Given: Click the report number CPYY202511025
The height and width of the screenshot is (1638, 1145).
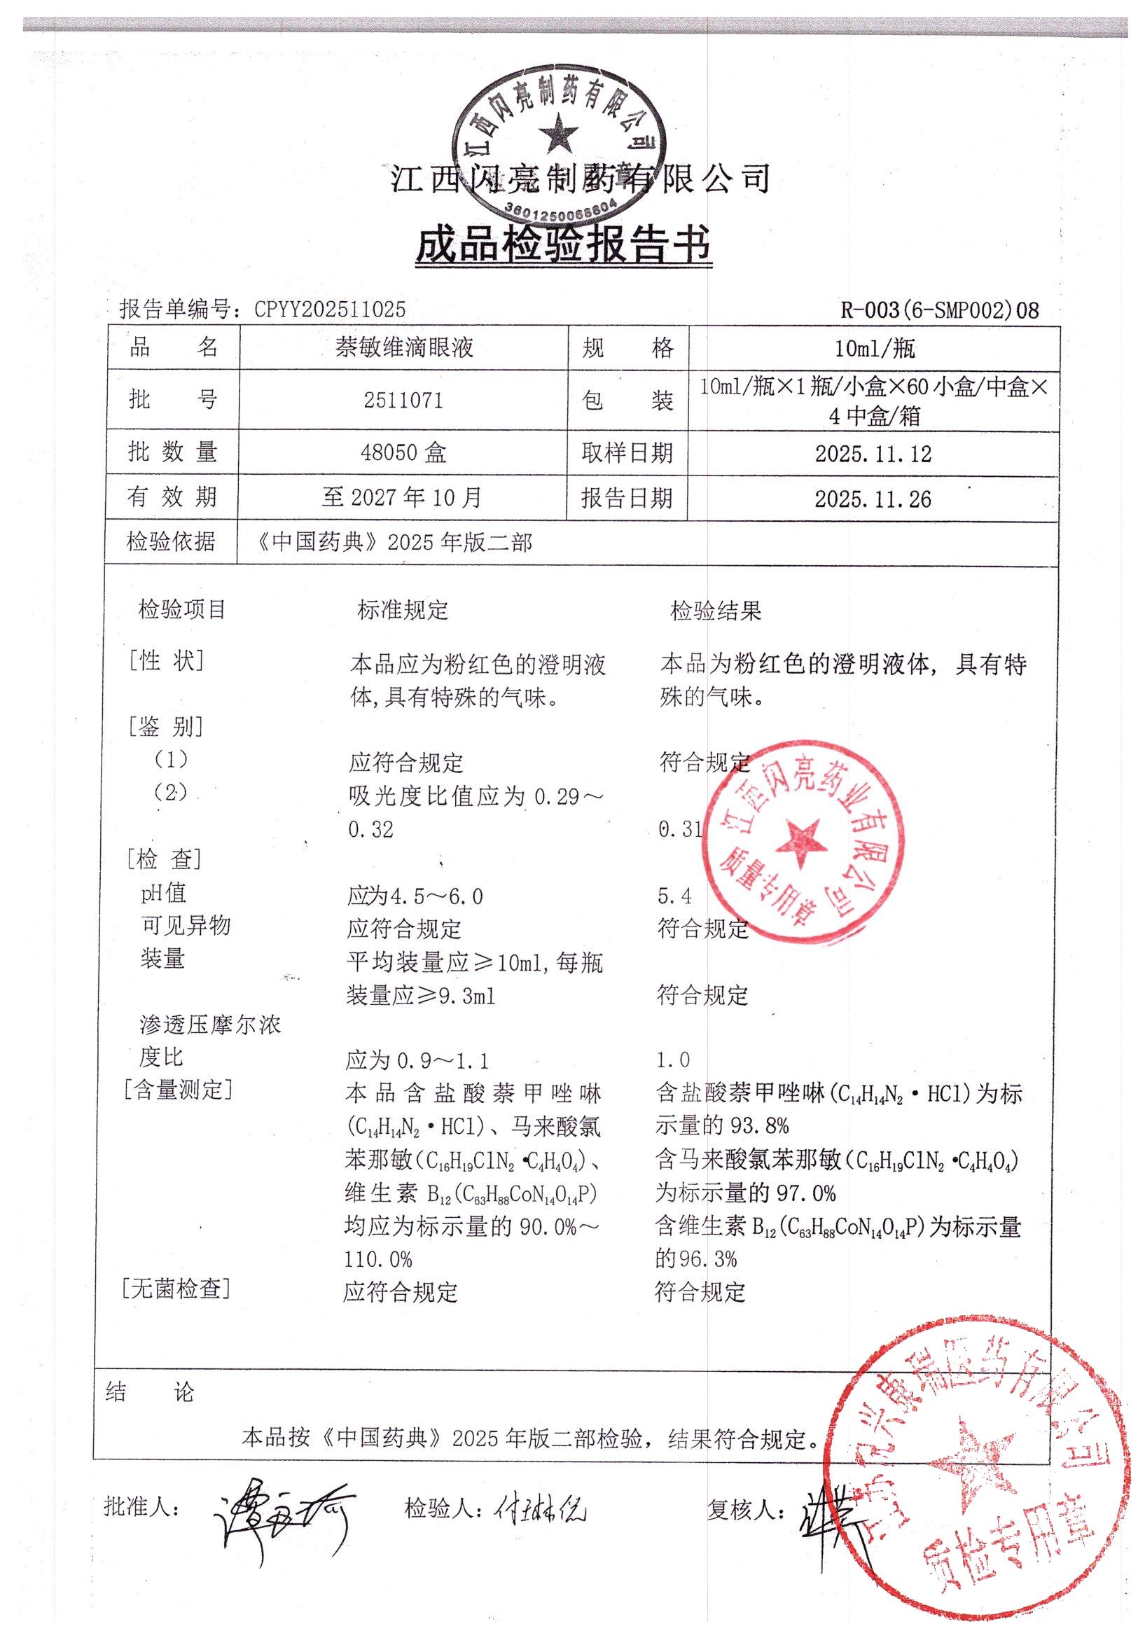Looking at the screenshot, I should (x=331, y=309).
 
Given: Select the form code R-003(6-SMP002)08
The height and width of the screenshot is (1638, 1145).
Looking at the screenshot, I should (x=939, y=310).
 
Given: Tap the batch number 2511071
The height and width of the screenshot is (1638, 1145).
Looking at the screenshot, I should (x=403, y=401).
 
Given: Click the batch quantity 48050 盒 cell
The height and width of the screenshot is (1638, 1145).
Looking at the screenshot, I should (x=403, y=452).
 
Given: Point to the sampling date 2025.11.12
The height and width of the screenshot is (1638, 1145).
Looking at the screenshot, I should (x=873, y=454).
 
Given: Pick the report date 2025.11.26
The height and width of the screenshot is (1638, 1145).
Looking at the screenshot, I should (x=873, y=499).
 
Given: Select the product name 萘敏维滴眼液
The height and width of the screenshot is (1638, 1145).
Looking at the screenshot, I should (x=404, y=348).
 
